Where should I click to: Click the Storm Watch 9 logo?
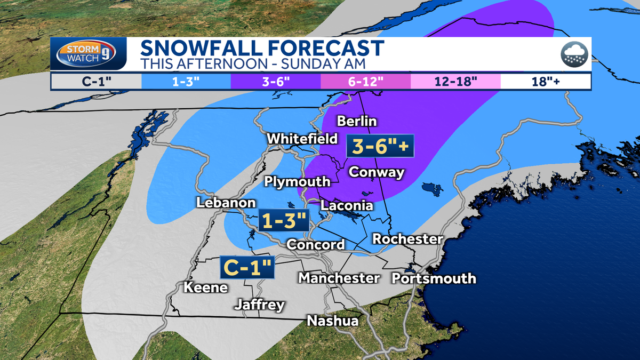tap(89, 54)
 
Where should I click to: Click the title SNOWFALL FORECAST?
tap(262, 48)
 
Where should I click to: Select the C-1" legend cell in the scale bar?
tap(96, 82)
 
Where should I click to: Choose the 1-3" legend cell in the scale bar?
tap(186, 82)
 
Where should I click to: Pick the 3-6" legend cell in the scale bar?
tap(275, 82)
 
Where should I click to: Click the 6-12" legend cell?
tap(365, 82)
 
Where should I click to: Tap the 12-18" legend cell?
tap(455, 82)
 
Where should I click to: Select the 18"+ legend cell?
tap(545, 82)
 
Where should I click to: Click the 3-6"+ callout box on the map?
tap(380, 146)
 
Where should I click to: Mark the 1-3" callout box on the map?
tap(283, 220)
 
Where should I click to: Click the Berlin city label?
tap(357, 121)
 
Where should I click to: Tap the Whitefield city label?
tap(302, 139)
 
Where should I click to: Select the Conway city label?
tap(376, 172)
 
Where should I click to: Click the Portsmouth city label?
tap(434, 278)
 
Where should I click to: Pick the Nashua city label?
tap(332, 321)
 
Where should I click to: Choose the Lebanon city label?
tap(226, 203)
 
